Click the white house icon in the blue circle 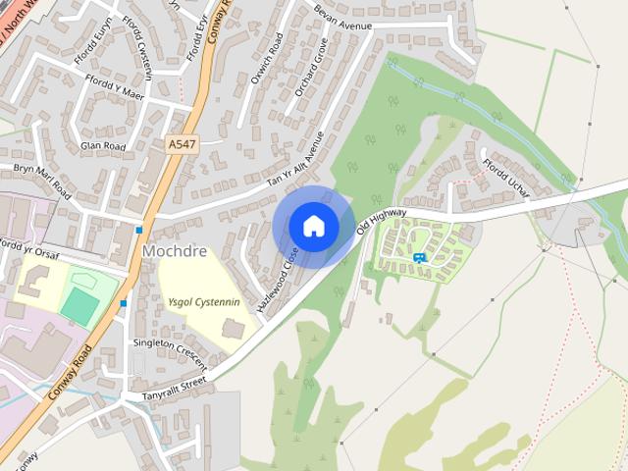[x=313, y=226]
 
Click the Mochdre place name [x=175, y=251]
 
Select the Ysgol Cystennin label [x=203, y=303]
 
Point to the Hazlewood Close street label [x=278, y=280]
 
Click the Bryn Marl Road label [x=43, y=176]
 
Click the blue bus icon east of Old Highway [x=419, y=257]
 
